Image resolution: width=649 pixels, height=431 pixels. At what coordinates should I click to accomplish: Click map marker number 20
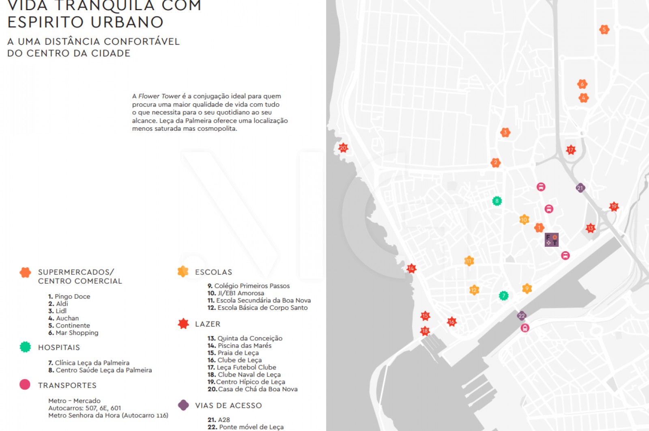pos(343,148)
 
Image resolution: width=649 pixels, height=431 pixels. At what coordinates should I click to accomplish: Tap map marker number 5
pos(604,29)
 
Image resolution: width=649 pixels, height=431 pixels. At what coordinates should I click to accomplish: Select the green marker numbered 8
pos(497,201)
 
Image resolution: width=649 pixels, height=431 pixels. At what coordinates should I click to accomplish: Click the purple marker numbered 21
pos(580,187)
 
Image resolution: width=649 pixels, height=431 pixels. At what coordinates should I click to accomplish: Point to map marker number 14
pos(411,268)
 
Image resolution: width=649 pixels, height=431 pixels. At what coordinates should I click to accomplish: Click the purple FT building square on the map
pos(551,239)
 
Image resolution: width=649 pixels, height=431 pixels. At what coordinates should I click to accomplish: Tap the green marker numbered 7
pos(503,295)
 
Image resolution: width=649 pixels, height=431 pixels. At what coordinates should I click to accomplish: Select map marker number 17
pos(571,150)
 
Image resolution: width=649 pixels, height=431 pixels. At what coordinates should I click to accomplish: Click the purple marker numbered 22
pos(522,315)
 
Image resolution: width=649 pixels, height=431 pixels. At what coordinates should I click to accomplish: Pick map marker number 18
pos(425,331)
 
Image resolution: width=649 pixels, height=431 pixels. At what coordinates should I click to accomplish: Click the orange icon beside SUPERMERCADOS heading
pos(25,272)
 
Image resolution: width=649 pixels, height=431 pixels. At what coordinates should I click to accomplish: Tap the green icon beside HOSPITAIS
pos(25,347)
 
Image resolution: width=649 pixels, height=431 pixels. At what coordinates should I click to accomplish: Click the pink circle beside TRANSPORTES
pos(25,384)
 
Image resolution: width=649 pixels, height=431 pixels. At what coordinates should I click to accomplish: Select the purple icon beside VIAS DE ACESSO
pos(183,405)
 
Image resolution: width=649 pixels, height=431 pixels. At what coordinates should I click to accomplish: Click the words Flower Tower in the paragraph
pos(159,96)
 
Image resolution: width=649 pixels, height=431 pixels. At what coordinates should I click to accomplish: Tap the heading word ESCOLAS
pos(213,272)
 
